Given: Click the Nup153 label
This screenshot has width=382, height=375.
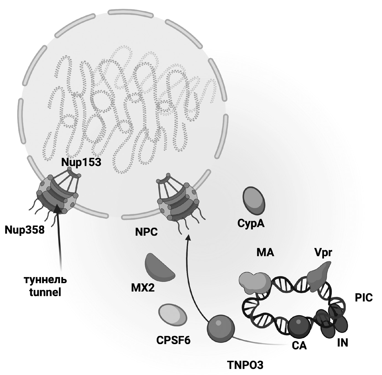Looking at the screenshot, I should point(81,162).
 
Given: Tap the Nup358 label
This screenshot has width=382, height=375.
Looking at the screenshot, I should point(25,230).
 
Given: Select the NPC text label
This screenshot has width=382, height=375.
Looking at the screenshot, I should point(146,232).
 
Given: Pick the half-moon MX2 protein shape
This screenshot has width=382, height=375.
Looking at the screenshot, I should point(158,267).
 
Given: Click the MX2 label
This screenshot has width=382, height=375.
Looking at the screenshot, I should point(143,288).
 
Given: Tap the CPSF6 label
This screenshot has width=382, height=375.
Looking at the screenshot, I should point(173,340).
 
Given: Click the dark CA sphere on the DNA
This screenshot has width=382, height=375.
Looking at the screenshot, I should point(299,326).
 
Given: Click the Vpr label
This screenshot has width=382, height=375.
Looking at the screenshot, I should point(323,253).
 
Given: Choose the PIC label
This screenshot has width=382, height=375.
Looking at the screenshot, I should point(364,298).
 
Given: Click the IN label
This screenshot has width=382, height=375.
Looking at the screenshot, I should point(342,343).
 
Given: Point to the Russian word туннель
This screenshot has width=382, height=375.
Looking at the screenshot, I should point(45,280).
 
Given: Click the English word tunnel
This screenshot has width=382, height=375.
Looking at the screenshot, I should point(45,292).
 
